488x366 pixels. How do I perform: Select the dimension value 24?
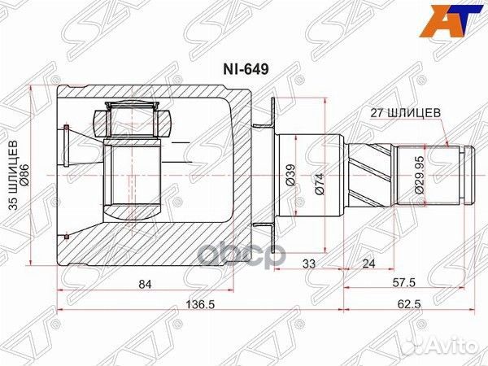click(368, 263)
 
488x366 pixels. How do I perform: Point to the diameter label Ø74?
click(320, 174)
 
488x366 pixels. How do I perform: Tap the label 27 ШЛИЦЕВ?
click(396, 115)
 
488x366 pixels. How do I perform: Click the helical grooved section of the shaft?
click(373, 174)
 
